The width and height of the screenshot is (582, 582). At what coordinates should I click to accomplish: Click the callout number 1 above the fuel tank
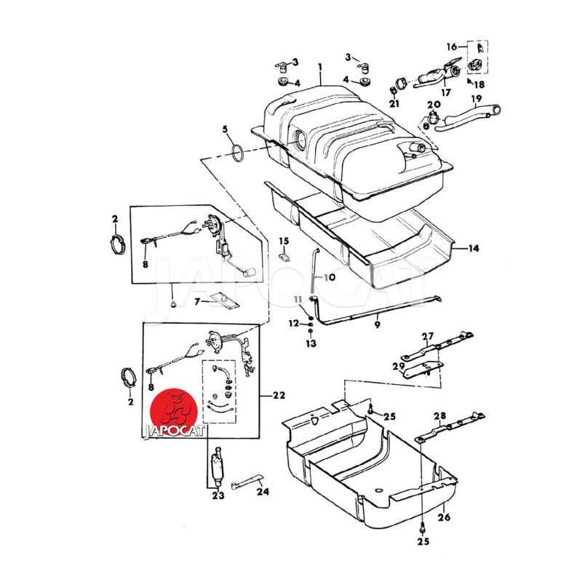tap(320, 68)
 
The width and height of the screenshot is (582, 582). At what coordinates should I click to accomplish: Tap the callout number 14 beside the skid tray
tap(474, 248)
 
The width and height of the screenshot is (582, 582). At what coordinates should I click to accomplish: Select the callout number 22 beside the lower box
tap(279, 396)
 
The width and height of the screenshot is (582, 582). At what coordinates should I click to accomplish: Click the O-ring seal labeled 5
tap(238, 154)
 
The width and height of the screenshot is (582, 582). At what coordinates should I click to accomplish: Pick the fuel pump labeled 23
tap(216, 467)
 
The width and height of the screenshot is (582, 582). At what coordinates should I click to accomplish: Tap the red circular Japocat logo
tap(173, 411)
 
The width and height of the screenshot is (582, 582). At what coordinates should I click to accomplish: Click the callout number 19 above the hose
tap(477, 99)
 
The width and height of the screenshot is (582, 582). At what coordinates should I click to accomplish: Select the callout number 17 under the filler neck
tap(445, 92)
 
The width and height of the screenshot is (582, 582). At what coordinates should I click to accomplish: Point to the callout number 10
tap(330, 277)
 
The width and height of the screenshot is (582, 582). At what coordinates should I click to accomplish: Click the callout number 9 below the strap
tap(377, 324)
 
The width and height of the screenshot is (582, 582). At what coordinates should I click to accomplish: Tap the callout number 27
tap(428, 336)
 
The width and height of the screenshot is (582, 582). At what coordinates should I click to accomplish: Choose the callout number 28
tap(440, 415)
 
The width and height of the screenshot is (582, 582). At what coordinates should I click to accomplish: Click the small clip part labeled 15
tap(285, 257)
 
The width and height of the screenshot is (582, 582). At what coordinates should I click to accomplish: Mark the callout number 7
tap(197, 302)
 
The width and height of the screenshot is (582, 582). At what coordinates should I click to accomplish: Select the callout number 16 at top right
tap(452, 47)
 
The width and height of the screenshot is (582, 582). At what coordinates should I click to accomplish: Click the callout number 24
tap(263, 492)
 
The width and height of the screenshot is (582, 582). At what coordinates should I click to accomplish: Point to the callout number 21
tap(394, 103)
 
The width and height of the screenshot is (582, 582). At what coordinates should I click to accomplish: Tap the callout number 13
tap(311, 343)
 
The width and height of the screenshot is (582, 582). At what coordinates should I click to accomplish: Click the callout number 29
tap(399, 367)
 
